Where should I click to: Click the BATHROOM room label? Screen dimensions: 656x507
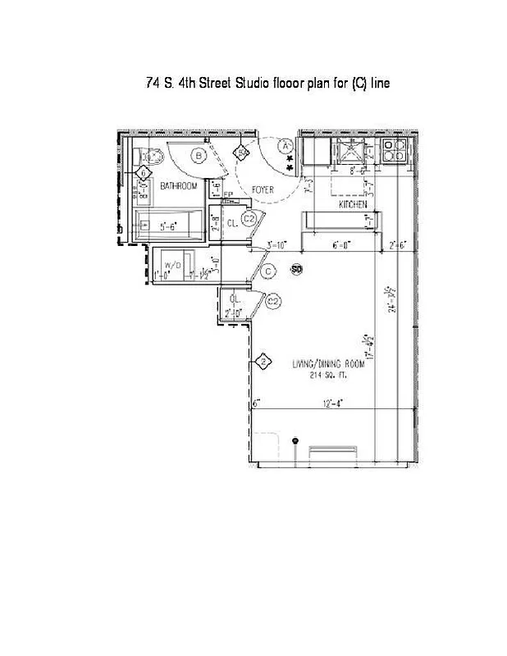click(x=179, y=187)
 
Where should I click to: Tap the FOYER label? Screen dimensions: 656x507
click(x=263, y=190)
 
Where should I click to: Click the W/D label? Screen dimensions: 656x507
click(x=172, y=266)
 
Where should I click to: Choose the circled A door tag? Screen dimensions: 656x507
click(x=285, y=146)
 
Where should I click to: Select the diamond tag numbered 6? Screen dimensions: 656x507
click(x=144, y=173)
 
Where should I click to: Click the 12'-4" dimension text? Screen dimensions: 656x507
click(x=332, y=402)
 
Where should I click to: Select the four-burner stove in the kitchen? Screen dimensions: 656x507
click(x=395, y=151)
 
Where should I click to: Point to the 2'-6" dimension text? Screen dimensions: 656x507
click(x=400, y=245)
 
